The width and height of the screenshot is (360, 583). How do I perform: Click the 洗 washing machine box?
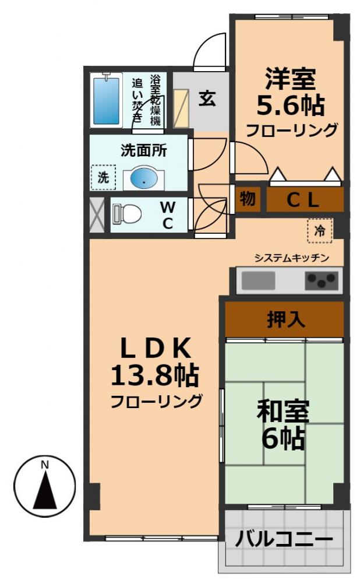pyautogui.click(x=103, y=178)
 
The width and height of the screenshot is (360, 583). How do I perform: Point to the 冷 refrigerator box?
pyautogui.click(x=320, y=231)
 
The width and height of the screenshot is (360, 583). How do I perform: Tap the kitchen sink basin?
pyautogui.click(x=255, y=281)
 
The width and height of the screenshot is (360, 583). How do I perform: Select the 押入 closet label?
pyautogui.click(x=284, y=319)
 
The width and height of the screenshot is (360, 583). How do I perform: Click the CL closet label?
pyautogui.click(x=303, y=200)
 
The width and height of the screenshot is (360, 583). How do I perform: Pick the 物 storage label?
pyautogui.click(x=247, y=199)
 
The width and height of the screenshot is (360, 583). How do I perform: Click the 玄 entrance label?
pyautogui.click(x=207, y=99)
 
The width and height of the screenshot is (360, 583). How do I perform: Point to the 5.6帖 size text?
pyautogui.click(x=290, y=106)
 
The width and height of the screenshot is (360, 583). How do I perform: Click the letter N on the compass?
pyautogui.click(x=45, y=465)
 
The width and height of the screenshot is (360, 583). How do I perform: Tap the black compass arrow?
pyautogui.click(x=45, y=490)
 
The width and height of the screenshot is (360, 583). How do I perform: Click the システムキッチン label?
pyautogui.click(x=292, y=258)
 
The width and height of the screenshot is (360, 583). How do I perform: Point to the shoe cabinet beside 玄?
pyautogui.click(x=182, y=108)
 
